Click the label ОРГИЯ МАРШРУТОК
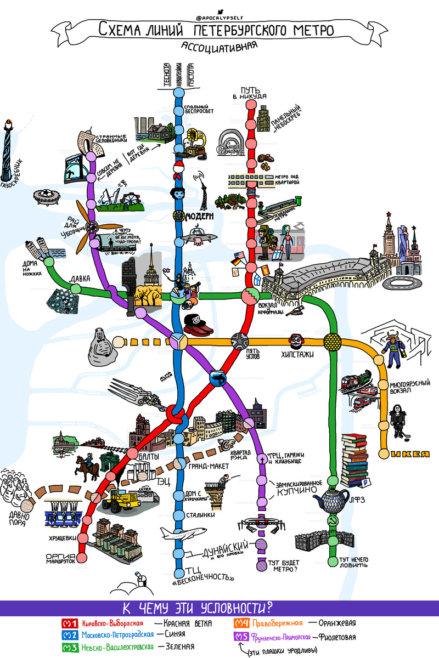(x=60, y=559)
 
